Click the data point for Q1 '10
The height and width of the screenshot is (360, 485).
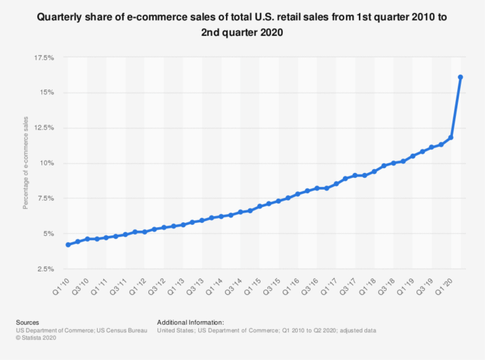[x=68, y=244]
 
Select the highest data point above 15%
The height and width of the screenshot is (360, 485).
[x=460, y=77]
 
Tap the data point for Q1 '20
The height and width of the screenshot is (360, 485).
[x=450, y=138]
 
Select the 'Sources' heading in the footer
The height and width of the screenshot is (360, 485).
[x=27, y=323]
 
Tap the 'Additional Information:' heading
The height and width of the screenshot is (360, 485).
[x=191, y=323]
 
